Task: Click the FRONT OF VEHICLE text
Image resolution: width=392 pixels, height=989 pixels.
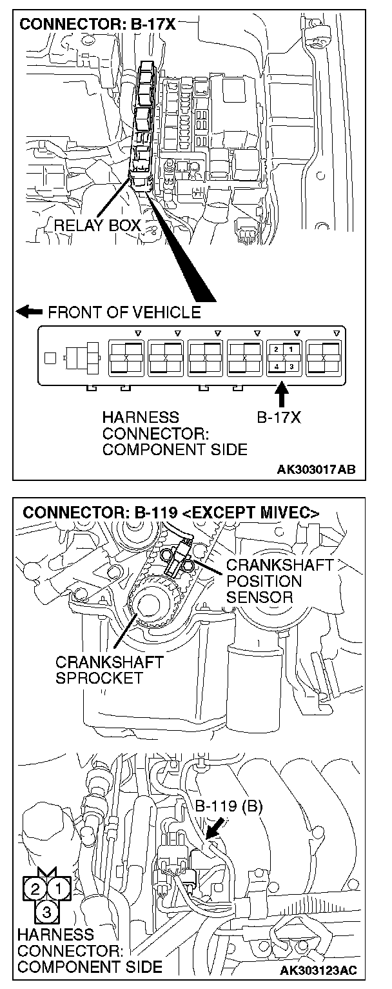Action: click(123, 313)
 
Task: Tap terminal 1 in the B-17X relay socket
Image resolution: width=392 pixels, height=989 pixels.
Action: click(290, 349)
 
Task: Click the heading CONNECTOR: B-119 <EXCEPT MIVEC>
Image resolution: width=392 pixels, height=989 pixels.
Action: click(171, 513)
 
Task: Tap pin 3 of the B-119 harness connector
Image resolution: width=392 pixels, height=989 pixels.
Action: click(46, 912)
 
